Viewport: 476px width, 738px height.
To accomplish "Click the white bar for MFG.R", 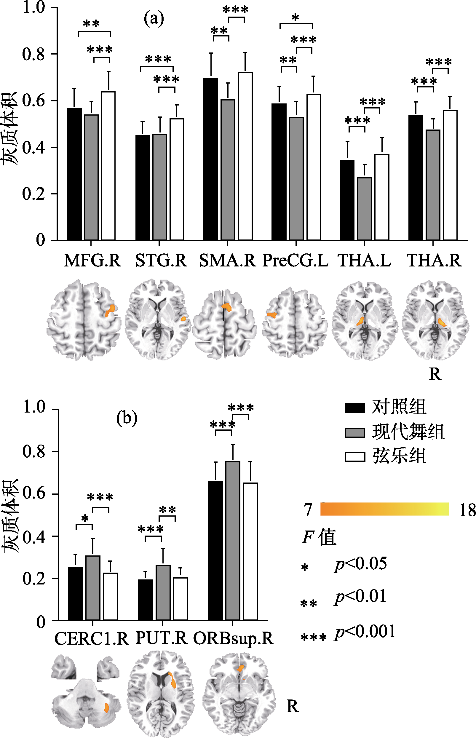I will click(108, 166).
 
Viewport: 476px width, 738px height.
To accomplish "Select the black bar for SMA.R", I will click(210, 159).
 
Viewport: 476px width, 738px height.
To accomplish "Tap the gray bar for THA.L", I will click(365, 209).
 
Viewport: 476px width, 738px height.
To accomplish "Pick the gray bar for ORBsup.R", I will click(233, 541).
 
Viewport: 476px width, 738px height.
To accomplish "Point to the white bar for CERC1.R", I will click(110, 596).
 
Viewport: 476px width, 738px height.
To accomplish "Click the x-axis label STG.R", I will click(161, 260).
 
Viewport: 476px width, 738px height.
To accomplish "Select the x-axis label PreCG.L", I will click(295, 260).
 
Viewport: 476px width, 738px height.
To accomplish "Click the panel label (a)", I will click(154, 19).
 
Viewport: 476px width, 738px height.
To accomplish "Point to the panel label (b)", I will click(127, 418).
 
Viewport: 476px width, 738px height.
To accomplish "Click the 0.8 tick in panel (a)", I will click(34, 54).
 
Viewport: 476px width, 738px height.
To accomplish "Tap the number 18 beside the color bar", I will click(467, 510).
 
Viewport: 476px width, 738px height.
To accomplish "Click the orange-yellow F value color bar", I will click(384, 509).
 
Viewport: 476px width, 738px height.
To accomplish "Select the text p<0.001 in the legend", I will click(365, 631).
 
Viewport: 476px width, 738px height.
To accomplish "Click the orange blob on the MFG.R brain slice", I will click(110, 310).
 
